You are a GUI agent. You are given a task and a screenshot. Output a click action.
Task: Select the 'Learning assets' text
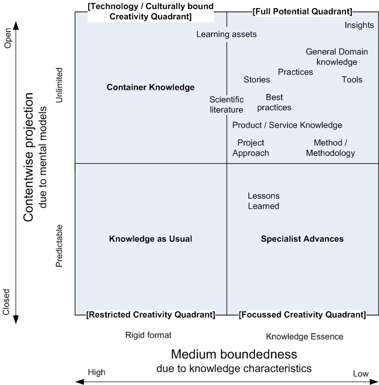226,35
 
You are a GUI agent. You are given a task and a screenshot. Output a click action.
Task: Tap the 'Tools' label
352,80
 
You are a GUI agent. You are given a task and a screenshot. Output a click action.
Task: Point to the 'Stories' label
256,80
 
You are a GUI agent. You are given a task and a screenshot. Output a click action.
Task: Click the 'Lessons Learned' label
263,201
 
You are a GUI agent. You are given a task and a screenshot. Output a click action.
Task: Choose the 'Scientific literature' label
226,105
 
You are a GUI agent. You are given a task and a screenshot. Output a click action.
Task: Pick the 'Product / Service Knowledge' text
287,126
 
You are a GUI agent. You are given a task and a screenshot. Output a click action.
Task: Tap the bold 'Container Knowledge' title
150,88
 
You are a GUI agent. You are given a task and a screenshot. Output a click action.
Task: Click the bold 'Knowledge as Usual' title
150,239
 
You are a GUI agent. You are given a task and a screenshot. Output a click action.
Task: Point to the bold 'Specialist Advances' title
302,239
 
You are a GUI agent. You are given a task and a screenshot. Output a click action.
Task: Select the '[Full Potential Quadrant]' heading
302,11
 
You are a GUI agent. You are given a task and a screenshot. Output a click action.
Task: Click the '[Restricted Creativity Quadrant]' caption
150,314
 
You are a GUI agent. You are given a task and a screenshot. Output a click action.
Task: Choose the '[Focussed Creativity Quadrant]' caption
302,314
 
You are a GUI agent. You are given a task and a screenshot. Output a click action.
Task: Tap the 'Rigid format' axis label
148,336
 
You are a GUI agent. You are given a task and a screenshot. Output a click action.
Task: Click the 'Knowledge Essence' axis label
305,337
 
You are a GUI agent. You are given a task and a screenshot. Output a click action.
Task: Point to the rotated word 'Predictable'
60,245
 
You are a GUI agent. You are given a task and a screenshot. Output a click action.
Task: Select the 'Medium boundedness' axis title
234,355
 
